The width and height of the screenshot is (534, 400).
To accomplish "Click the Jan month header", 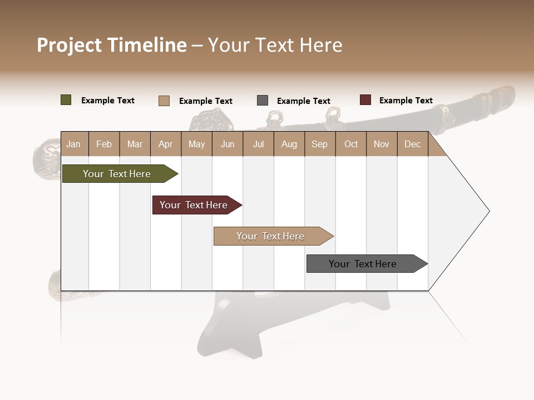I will (73, 144).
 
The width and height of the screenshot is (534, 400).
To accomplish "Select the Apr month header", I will (166, 144).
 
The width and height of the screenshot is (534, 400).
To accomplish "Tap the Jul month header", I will (259, 144).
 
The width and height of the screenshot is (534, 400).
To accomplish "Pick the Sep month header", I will (319, 144).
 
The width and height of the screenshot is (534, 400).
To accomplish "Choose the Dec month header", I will (412, 144).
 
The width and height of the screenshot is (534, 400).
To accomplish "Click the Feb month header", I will (104, 144).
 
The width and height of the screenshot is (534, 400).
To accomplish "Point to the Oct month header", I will (351, 144).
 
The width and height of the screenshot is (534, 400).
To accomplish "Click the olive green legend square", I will (66, 100).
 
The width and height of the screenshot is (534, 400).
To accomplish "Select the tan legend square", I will (164, 101).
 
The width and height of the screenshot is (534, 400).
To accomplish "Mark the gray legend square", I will (263, 101).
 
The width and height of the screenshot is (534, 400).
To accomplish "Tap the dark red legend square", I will (365, 100).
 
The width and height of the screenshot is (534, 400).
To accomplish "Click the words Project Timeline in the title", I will (112, 45).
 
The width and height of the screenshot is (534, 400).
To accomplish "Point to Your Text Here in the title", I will (275, 45).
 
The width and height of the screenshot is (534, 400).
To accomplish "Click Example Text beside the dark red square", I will (406, 101).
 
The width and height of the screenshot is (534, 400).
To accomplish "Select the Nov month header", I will (382, 144).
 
